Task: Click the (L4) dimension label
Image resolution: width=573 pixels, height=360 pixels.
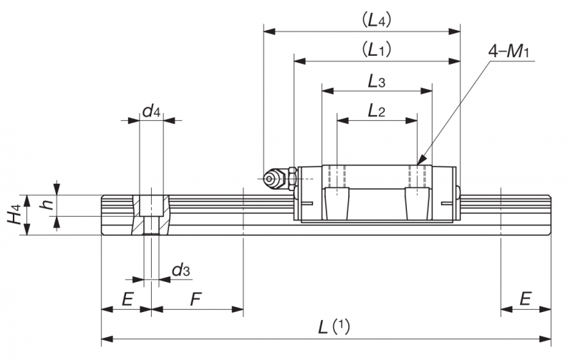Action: pyautogui.click(x=377, y=21)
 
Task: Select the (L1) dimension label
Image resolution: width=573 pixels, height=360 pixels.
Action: pyautogui.click(x=377, y=49)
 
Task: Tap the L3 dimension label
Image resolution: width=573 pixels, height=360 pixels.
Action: pyautogui.click(x=377, y=82)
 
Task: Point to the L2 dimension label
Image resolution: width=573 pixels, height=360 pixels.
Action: pyautogui.click(x=377, y=110)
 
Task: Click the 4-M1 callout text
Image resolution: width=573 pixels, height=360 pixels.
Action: pyautogui.click(x=509, y=52)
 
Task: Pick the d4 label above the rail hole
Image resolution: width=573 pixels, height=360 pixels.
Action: pyautogui.click(x=151, y=110)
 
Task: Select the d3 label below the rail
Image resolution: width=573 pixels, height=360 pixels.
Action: pyautogui.click(x=181, y=271)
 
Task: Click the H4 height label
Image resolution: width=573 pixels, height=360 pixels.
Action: pyautogui.click(x=14, y=215)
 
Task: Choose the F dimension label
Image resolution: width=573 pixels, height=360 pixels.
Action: pyautogui.click(x=196, y=299)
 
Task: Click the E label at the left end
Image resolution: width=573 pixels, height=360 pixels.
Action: pyautogui.click(x=127, y=299)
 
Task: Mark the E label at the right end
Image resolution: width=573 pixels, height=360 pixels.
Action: pyautogui.click(x=525, y=299)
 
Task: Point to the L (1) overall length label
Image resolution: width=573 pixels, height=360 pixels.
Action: pyautogui.click(x=334, y=326)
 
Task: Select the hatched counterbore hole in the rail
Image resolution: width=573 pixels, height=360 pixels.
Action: pyautogui.click(x=151, y=215)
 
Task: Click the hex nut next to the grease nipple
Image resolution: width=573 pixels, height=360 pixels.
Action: pyautogui.click(x=292, y=178)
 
